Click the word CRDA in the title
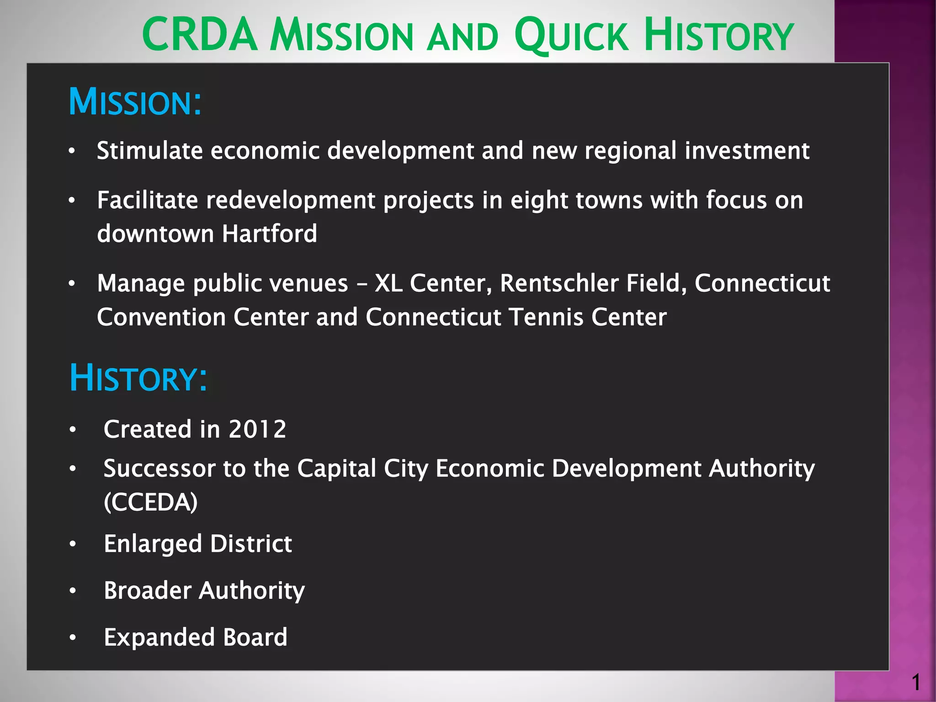coord(200,35)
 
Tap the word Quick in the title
coord(571,35)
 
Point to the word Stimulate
coord(149,150)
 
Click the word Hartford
coord(269,234)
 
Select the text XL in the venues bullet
coord(388,283)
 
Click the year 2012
coord(257,429)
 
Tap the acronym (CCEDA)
coord(151,502)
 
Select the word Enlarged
coord(153,544)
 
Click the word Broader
coord(148,590)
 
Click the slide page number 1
coord(915,683)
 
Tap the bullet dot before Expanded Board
coord(72,638)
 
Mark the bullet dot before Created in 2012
coord(72,430)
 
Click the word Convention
coord(161,317)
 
